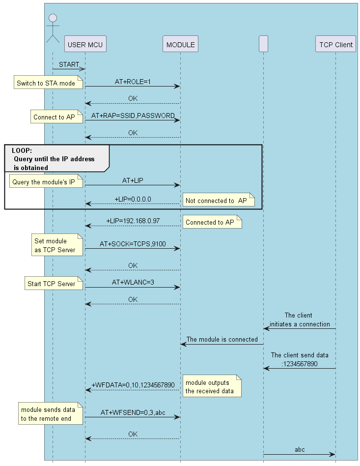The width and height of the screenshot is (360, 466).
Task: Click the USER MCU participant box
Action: pos(85,45)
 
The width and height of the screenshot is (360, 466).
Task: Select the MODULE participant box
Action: pos(180,45)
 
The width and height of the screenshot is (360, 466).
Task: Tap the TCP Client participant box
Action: pos(336,45)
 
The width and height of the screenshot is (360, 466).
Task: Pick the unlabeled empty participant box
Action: pos(263,45)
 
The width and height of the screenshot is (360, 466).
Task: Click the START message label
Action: pos(69,64)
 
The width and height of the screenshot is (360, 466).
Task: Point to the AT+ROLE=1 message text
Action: pos(133,82)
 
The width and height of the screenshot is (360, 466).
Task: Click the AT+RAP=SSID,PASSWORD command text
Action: pos(133,116)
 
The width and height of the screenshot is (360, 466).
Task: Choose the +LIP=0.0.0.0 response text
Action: pos(133,199)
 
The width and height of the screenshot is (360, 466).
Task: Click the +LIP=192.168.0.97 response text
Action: pos(133,221)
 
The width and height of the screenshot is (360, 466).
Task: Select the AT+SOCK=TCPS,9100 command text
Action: pos(133,243)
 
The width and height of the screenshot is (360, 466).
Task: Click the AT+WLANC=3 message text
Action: pos(133,282)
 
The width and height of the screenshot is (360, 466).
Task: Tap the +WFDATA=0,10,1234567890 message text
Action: pos(133,385)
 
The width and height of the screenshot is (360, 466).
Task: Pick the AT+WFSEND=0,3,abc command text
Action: pos(133,412)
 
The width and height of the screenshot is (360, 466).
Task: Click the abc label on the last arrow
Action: pos(300,449)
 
